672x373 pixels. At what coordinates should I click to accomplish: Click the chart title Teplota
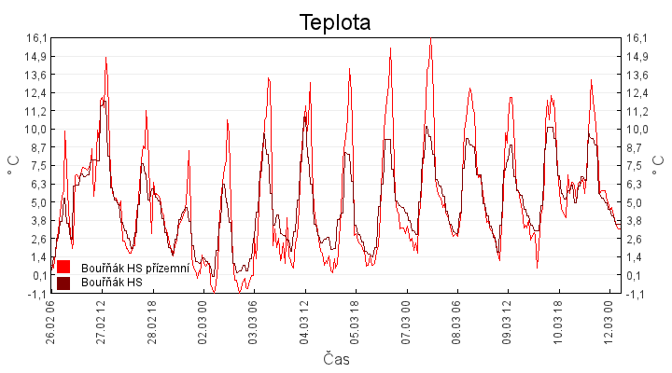click(335, 22)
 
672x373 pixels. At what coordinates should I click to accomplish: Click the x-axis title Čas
click(336, 359)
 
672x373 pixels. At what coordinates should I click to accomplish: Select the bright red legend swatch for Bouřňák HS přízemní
click(64, 268)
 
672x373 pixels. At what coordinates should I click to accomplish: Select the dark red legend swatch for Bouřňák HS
click(64, 282)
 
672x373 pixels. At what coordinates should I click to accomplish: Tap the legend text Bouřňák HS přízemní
click(135, 268)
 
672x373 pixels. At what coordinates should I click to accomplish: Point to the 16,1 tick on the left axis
click(36, 38)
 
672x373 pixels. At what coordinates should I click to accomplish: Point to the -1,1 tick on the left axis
click(36, 294)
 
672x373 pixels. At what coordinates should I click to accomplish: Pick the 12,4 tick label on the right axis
click(637, 92)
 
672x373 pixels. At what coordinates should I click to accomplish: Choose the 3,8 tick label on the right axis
click(636, 220)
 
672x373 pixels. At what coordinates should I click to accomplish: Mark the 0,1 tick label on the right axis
click(636, 275)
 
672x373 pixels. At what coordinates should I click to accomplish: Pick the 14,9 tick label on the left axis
click(36, 56)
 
